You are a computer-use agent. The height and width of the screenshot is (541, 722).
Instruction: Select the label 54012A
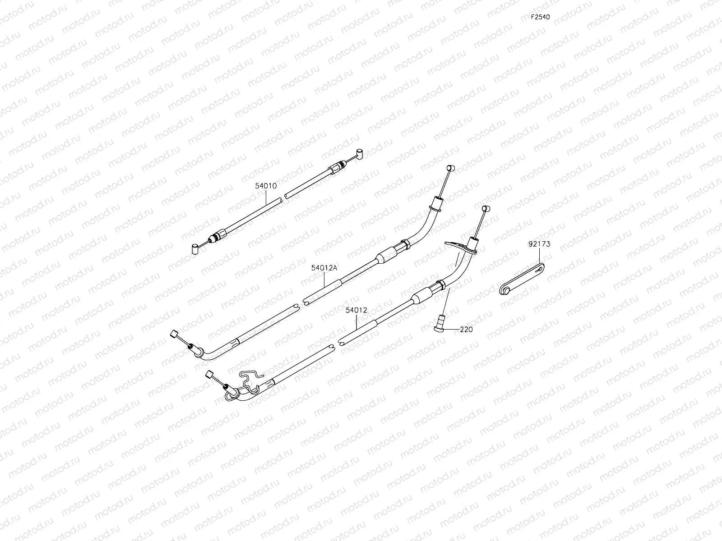324,267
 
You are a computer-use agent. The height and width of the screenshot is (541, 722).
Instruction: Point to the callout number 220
466,330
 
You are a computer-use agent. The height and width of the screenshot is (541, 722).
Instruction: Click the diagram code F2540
540,17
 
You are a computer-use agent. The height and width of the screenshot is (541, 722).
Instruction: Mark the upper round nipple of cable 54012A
449,169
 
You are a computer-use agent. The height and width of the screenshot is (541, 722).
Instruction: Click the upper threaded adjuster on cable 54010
336,168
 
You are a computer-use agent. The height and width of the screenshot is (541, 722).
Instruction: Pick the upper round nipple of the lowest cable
486,209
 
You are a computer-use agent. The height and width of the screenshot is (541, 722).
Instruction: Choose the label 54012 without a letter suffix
356,310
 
